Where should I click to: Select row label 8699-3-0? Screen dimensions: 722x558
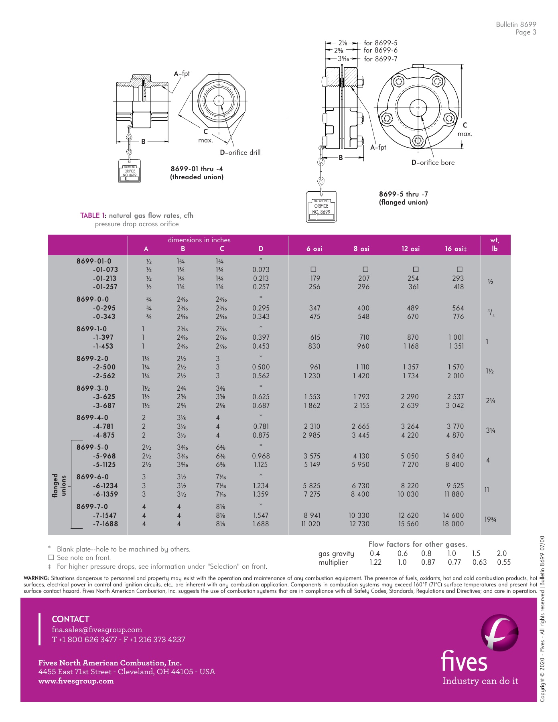pos(92,388)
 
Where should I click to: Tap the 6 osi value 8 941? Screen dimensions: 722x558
pos(312,515)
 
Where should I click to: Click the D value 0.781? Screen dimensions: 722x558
pos(261,426)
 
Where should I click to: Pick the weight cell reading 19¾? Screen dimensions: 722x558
pos(490,519)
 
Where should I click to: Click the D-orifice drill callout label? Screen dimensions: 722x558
pos(240,152)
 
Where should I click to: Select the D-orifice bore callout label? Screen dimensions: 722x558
pos(433,162)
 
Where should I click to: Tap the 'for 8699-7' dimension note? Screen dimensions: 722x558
pos(380,59)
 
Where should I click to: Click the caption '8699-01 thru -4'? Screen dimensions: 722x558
pos(197,169)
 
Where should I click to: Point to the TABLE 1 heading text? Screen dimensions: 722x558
pos(136,215)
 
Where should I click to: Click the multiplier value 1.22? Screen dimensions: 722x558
pos(375,562)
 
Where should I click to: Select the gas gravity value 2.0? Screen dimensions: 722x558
pos(501,554)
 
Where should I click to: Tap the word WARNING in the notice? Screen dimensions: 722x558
pos(36,578)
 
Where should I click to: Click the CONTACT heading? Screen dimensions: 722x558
pos(70,619)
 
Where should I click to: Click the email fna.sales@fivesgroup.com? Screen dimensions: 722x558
pos(97,630)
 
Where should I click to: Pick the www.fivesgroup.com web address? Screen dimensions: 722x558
pos(76,681)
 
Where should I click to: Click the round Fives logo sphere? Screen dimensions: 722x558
pos(499,633)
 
